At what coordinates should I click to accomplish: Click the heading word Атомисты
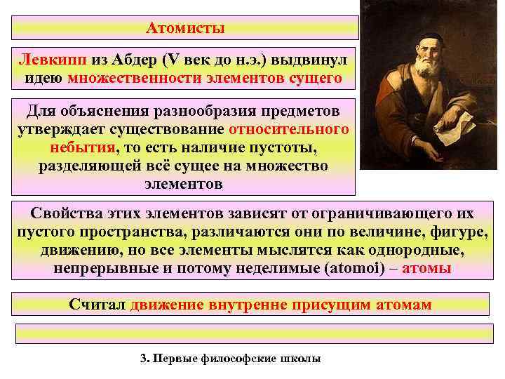tap(186, 29)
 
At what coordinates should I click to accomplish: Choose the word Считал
tap(97, 304)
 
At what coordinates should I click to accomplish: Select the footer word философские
tap(241, 359)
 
